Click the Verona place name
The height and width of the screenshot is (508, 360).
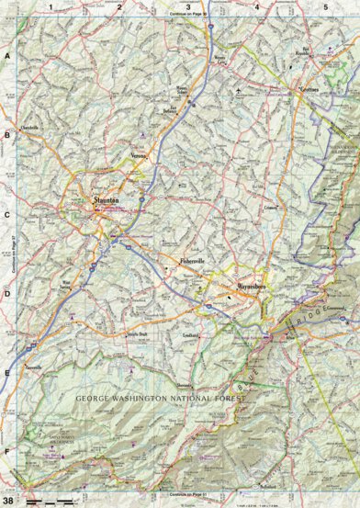[138, 155]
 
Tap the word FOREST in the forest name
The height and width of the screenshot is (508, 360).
[225, 399]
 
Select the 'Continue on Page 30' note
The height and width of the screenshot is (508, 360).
[188, 16]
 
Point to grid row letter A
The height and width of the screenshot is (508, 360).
[6, 57]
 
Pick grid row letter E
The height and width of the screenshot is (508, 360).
[6, 373]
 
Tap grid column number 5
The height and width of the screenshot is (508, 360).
[325, 7]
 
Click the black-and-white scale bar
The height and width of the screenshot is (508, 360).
[50, 502]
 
